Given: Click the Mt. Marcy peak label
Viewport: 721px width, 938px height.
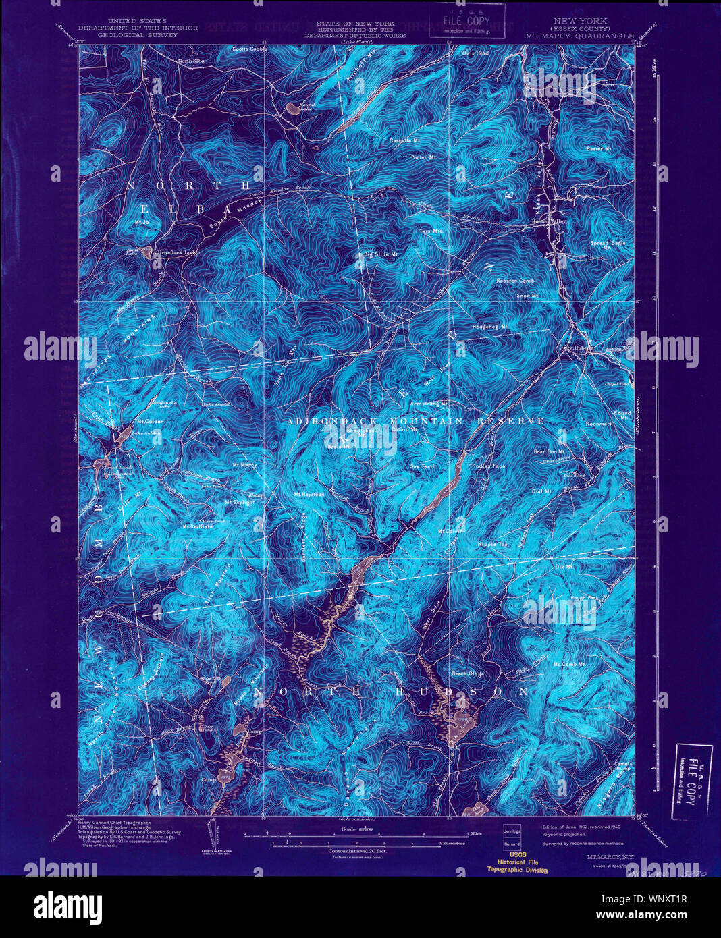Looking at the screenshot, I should click(x=245, y=465).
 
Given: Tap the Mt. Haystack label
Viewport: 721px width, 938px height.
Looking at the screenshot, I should click(x=309, y=495).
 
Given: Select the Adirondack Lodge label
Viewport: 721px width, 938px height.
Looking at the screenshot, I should click(x=177, y=253).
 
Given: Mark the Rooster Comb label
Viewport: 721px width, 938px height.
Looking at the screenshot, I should click(x=515, y=281).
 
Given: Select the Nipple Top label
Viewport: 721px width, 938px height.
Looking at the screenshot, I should click(x=493, y=544).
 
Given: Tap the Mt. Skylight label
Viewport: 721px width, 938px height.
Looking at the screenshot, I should click(x=240, y=502).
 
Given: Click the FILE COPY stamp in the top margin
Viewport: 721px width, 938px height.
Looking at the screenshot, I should click(x=467, y=20).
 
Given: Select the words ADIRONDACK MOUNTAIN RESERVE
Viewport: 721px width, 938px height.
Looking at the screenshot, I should click(x=415, y=421).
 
